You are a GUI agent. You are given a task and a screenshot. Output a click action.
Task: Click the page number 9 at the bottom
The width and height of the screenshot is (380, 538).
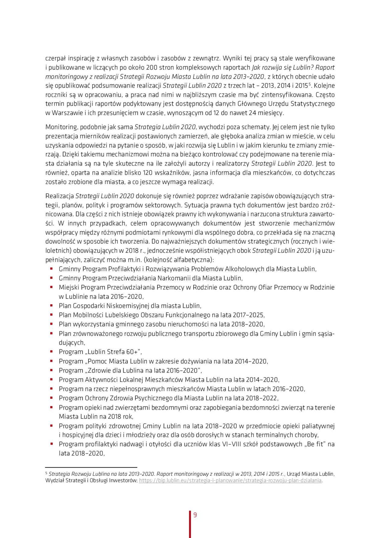coord(195,515)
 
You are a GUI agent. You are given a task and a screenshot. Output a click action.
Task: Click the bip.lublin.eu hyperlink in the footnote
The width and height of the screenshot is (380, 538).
coord(230,480)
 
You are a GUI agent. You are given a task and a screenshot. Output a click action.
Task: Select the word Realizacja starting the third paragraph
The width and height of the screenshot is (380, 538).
coord(59,196)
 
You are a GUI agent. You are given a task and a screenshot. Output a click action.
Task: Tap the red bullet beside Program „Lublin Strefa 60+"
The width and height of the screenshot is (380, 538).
coord(52,351)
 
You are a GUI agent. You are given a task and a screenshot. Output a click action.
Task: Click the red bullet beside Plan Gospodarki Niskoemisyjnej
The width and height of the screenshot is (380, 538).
coord(52,305)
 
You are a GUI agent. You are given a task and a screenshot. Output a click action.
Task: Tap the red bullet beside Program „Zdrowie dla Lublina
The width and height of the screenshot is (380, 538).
coord(52,370)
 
